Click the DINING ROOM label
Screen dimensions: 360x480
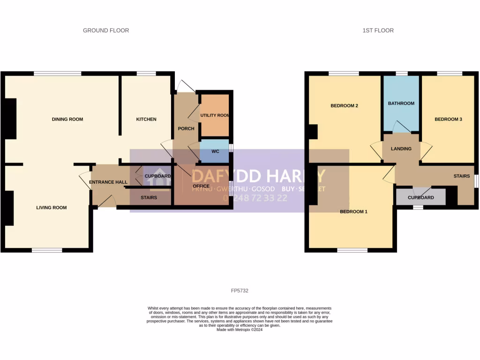pyautogui.click(x=67, y=120)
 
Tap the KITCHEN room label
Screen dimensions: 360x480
pyautogui.click(x=146, y=120)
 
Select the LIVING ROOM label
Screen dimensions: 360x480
pyautogui.click(x=51, y=208)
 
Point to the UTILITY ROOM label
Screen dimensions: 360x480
pyautogui.click(x=215, y=115)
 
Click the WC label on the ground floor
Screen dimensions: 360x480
pyautogui.click(x=215, y=151)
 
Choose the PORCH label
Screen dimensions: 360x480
pyautogui.click(x=186, y=129)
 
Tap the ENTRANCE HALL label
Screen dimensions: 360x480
pyautogui.click(x=108, y=182)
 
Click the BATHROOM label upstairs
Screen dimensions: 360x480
pyautogui.click(x=401, y=103)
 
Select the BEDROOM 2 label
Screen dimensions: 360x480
pyautogui.click(x=345, y=106)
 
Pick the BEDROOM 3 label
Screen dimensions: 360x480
pyautogui.click(x=448, y=120)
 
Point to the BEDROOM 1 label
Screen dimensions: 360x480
pyautogui.click(x=353, y=212)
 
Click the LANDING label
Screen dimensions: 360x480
pyautogui.click(x=401, y=149)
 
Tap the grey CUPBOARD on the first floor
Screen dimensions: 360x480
pyautogui.click(x=420, y=198)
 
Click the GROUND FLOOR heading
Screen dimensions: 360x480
pyautogui.click(x=106, y=30)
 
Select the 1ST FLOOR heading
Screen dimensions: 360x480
pyautogui.click(x=378, y=30)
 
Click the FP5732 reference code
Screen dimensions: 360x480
pyautogui.click(x=240, y=291)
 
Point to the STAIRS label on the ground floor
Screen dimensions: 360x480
pyautogui.click(x=149, y=198)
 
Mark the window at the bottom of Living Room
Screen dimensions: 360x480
pyautogui.click(x=47, y=250)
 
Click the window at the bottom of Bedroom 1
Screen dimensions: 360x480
pyautogui.click(x=352, y=250)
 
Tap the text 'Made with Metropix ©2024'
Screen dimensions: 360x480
pyautogui.click(x=240, y=330)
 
